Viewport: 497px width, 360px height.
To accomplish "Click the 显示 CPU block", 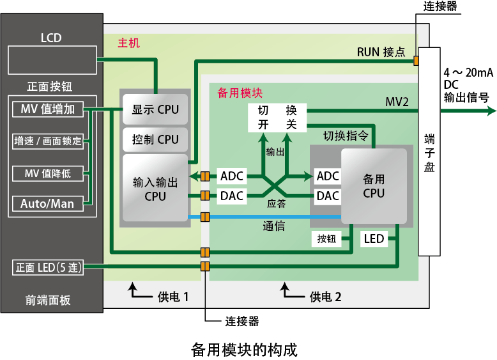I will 155,109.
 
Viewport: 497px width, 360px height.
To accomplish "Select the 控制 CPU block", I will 155,139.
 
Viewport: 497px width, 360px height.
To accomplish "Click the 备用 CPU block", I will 374,185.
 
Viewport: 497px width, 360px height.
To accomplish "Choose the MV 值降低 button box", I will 48,173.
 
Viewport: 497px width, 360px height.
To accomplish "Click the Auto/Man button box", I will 48,204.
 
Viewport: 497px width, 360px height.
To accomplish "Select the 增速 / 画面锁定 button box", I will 48,141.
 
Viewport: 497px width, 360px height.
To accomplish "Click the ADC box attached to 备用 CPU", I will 328,176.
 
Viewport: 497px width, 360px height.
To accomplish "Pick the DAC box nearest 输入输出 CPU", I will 232,196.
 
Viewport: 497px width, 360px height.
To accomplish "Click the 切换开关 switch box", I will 277,117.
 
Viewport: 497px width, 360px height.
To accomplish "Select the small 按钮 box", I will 326,239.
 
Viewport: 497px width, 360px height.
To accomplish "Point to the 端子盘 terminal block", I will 429,151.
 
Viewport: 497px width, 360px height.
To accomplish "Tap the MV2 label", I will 397,102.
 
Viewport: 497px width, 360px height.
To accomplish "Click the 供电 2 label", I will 326,297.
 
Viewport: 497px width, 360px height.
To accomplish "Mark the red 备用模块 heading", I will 240,93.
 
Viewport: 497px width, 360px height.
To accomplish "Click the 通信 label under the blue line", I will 274,226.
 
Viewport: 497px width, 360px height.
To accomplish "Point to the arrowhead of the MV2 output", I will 491,111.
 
